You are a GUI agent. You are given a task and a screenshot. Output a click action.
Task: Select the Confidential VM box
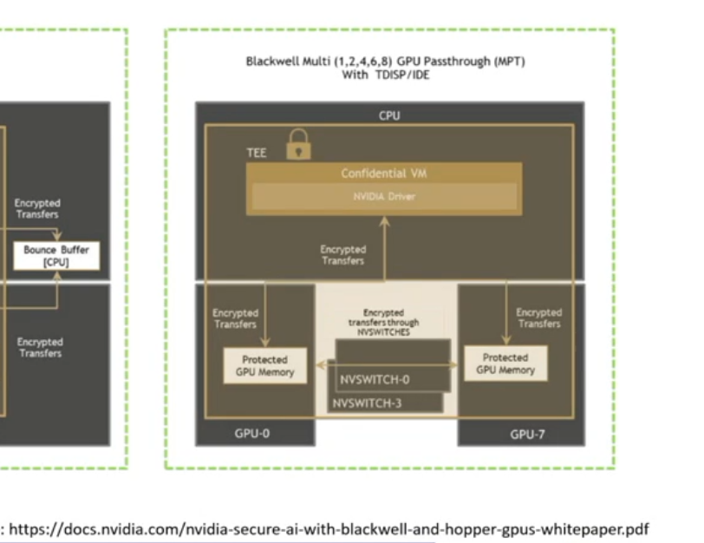384,173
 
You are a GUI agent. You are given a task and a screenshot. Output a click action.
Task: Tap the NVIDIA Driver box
384,196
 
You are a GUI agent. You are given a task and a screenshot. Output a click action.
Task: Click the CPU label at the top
389,115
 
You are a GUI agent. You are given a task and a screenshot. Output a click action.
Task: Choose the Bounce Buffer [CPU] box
56,255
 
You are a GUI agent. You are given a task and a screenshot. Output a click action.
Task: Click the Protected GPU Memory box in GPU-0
266,365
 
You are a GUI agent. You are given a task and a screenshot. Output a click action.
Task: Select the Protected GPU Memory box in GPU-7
505,363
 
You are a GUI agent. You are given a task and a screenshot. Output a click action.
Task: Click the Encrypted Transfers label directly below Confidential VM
342,255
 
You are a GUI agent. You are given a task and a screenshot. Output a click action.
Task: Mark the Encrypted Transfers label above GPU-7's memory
538,317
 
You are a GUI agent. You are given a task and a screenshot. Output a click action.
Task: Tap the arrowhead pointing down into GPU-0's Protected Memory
266,343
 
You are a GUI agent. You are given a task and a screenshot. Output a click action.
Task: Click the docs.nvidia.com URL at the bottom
329,528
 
